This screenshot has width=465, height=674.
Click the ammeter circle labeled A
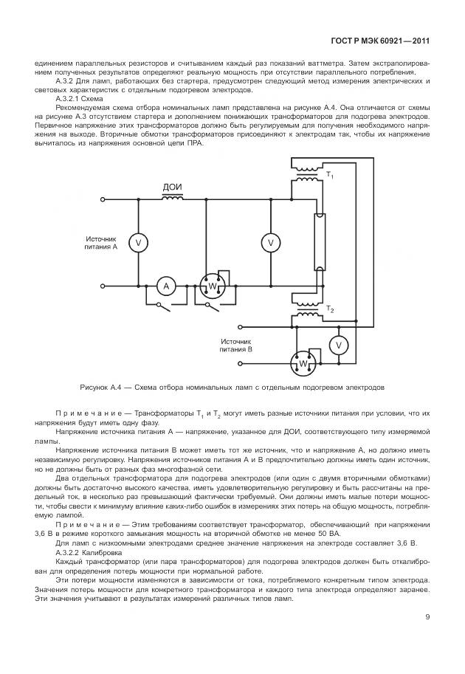coord(166,286)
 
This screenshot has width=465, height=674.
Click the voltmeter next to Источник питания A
coord(137,242)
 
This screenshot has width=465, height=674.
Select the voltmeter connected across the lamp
coord(271,242)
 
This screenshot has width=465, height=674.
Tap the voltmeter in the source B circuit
coord(338,345)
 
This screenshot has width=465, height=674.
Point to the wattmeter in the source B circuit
coord(302,363)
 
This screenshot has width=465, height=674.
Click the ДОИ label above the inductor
coord(172,188)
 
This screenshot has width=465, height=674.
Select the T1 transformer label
coord(330,175)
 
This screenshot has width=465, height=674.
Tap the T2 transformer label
coord(330,309)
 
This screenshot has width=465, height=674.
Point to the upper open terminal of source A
coord(103,199)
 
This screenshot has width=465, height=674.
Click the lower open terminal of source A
coord(103,286)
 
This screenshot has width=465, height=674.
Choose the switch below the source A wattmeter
coord(213,303)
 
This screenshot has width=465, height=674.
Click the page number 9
coord(427,618)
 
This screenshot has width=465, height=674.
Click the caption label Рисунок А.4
coord(104,387)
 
